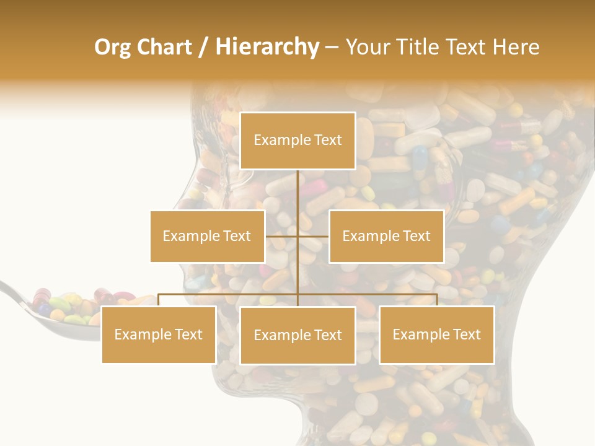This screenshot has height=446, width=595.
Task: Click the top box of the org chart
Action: pyautogui.click(x=297, y=141)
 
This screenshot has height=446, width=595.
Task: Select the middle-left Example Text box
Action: pyautogui.click(x=207, y=236)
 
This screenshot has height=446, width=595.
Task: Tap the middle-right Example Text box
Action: pyautogui.click(x=386, y=236)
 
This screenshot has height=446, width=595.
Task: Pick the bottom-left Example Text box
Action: pyautogui.click(x=159, y=334)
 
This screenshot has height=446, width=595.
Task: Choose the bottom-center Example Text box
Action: pyautogui.click(x=297, y=335)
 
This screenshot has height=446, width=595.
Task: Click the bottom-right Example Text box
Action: pyautogui.click(x=436, y=334)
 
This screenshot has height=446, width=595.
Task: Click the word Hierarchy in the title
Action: pyautogui.click(x=267, y=47)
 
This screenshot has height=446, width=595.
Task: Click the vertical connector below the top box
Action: pyautogui.click(x=298, y=192)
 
